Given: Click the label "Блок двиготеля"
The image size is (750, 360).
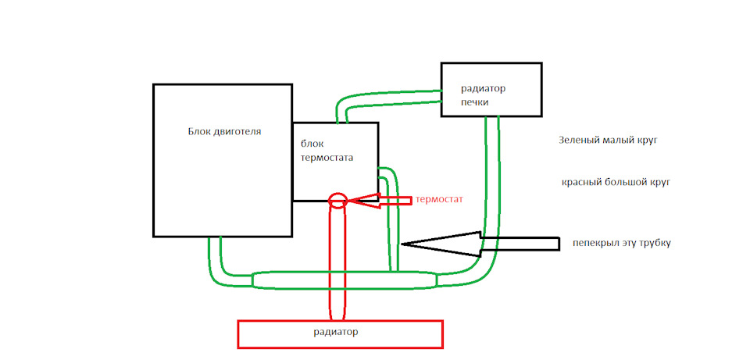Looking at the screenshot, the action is pyautogui.click(x=224, y=131).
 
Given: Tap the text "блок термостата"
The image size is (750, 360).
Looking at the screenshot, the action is pyautogui.click(x=327, y=151).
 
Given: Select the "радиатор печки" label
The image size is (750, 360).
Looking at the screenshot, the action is pyautogui.click(x=483, y=95).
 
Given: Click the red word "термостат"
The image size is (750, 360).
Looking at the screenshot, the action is pyautogui.click(x=439, y=199).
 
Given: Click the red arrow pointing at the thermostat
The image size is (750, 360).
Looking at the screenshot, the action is pyautogui.click(x=379, y=201).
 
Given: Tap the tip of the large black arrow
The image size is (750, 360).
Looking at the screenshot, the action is pyautogui.click(x=401, y=244).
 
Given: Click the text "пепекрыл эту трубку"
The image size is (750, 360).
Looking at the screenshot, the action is pyautogui.click(x=622, y=244).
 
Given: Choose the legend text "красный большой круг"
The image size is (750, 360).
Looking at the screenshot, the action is pyautogui.click(x=616, y=182).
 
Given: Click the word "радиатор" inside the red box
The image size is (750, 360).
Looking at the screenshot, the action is pyautogui.click(x=335, y=332).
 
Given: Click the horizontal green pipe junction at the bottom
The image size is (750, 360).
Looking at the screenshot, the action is pyautogui.click(x=345, y=280).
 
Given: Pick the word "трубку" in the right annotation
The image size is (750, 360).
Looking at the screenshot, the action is pyautogui.click(x=655, y=244).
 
